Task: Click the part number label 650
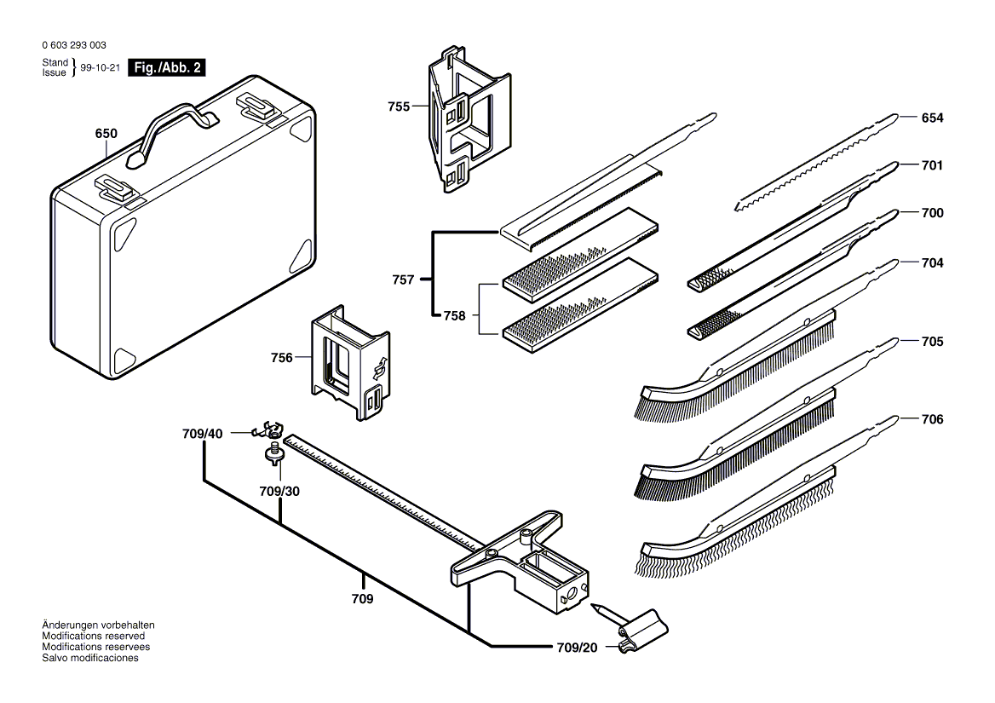point(106,134)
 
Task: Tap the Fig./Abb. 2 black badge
point(165,68)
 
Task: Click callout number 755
point(398,107)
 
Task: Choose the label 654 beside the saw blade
point(932,118)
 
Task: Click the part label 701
point(932,165)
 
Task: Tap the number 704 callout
point(932,263)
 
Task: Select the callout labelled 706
point(932,419)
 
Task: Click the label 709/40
point(202,434)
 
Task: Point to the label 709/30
point(279,492)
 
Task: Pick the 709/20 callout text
point(577,648)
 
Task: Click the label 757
point(404,279)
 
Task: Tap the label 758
point(455,315)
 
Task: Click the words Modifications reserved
point(93,636)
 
